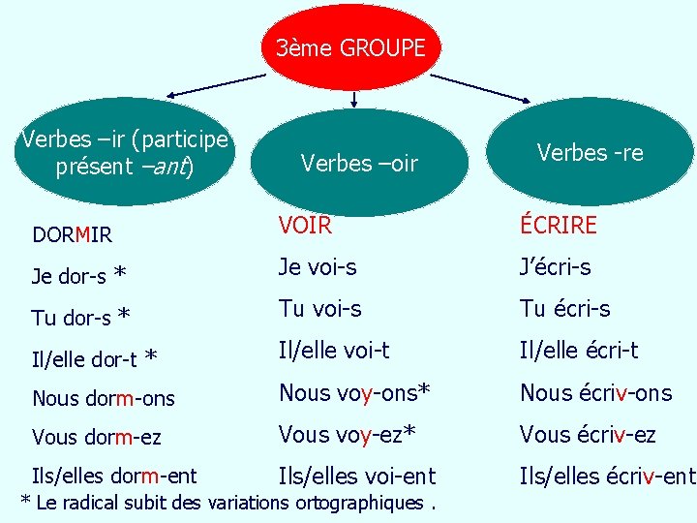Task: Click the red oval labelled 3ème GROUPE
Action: pyautogui.click(x=350, y=46)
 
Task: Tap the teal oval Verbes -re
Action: pyautogui.click(x=590, y=152)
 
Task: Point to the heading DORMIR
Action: pyautogui.click(x=72, y=234)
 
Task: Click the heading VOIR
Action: pyautogui.click(x=305, y=226)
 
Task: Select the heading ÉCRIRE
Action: pyautogui.click(x=559, y=226)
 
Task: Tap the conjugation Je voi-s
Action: pyautogui.click(x=318, y=267)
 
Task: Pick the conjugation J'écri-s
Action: pyautogui.click(x=556, y=267)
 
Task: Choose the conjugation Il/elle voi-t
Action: pyautogui.click(x=334, y=351)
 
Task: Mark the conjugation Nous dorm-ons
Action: pyautogui.click(x=104, y=398)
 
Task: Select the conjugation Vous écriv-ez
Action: pyautogui.click(x=588, y=435)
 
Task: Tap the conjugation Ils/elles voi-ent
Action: pyautogui.click(x=357, y=476)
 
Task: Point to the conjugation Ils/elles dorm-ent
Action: pyautogui.click(x=114, y=476)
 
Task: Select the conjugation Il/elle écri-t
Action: pyautogui.click(x=579, y=351)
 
